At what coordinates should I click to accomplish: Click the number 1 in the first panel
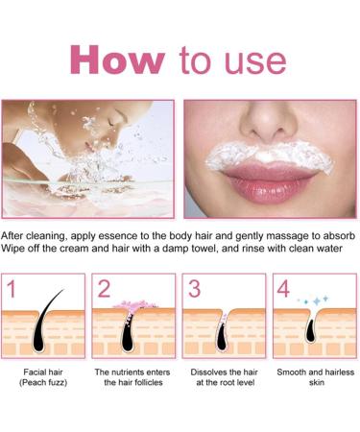[x=11, y=288]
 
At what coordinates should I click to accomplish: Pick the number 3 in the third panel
[x=193, y=288]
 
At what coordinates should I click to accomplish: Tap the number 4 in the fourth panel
[x=284, y=288]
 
